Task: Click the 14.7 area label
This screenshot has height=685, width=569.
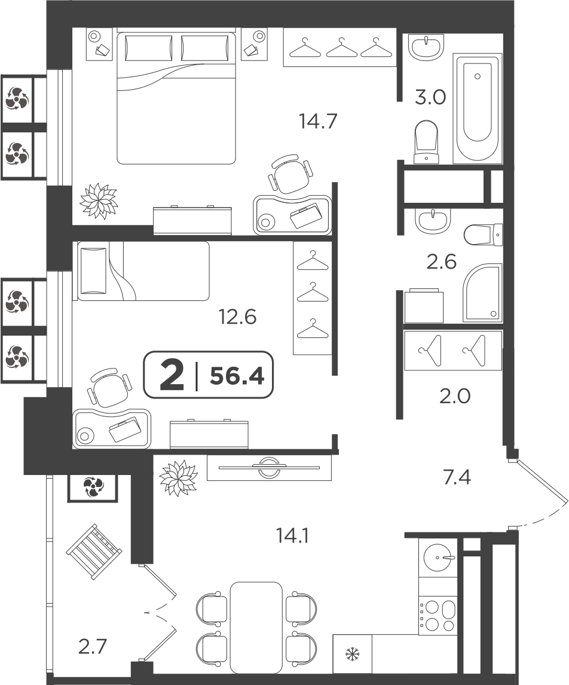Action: (x=318, y=121)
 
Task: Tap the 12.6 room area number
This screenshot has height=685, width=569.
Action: (x=237, y=316)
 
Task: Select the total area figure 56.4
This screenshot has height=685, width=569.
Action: (x=237, y=376)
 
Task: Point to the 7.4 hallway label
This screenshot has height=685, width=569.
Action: (x=457, y=477)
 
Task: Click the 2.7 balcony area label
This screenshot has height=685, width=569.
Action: (x=93, y=646)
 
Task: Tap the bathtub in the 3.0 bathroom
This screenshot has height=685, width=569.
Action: (x=478, y=108)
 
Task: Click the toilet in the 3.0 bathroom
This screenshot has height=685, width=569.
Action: (x=426, y=142)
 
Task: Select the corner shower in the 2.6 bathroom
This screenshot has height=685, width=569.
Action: (x=482, y=293)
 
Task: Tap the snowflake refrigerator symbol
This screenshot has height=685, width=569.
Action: (x=351, y=654)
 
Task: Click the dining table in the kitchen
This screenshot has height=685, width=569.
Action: (x=256, y=628)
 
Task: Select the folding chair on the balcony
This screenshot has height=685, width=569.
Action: (x=94, y=552)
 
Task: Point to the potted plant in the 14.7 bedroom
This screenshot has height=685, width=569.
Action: (x=99, y=200)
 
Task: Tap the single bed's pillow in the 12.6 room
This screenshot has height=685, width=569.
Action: (x=93, y=271)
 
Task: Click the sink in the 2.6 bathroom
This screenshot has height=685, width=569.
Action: (x=432, y=221)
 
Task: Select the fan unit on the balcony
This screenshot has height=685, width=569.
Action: (x=93, y=487)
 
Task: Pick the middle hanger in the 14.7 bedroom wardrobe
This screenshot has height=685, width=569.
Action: (x=342, y=47)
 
